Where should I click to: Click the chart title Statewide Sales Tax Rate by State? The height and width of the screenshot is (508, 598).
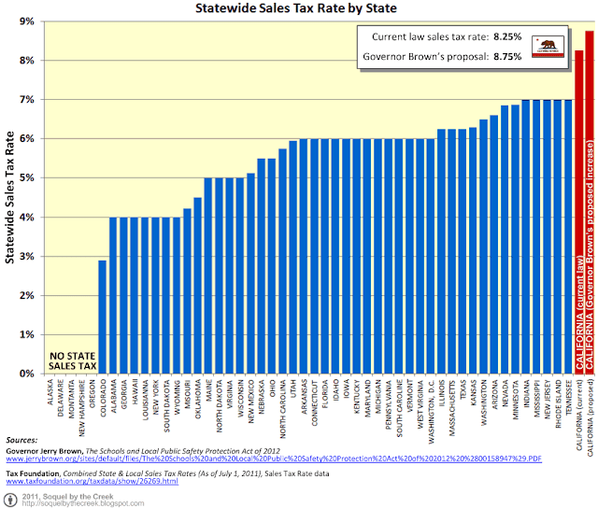point(298,10)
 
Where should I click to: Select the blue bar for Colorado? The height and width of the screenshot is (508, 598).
point(128,317)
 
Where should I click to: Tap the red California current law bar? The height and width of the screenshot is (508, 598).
point(578,215)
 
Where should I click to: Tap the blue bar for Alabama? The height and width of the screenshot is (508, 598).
point(139,295)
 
